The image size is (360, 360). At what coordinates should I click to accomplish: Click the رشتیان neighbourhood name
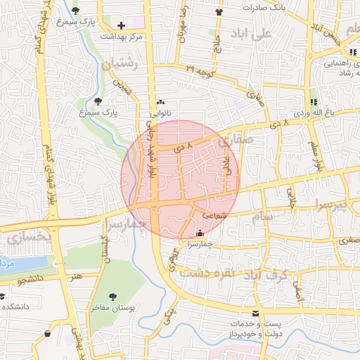point(122,65)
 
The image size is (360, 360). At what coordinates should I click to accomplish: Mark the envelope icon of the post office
point(255,312)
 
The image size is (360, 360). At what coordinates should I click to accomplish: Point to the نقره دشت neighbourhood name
point(204,272)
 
